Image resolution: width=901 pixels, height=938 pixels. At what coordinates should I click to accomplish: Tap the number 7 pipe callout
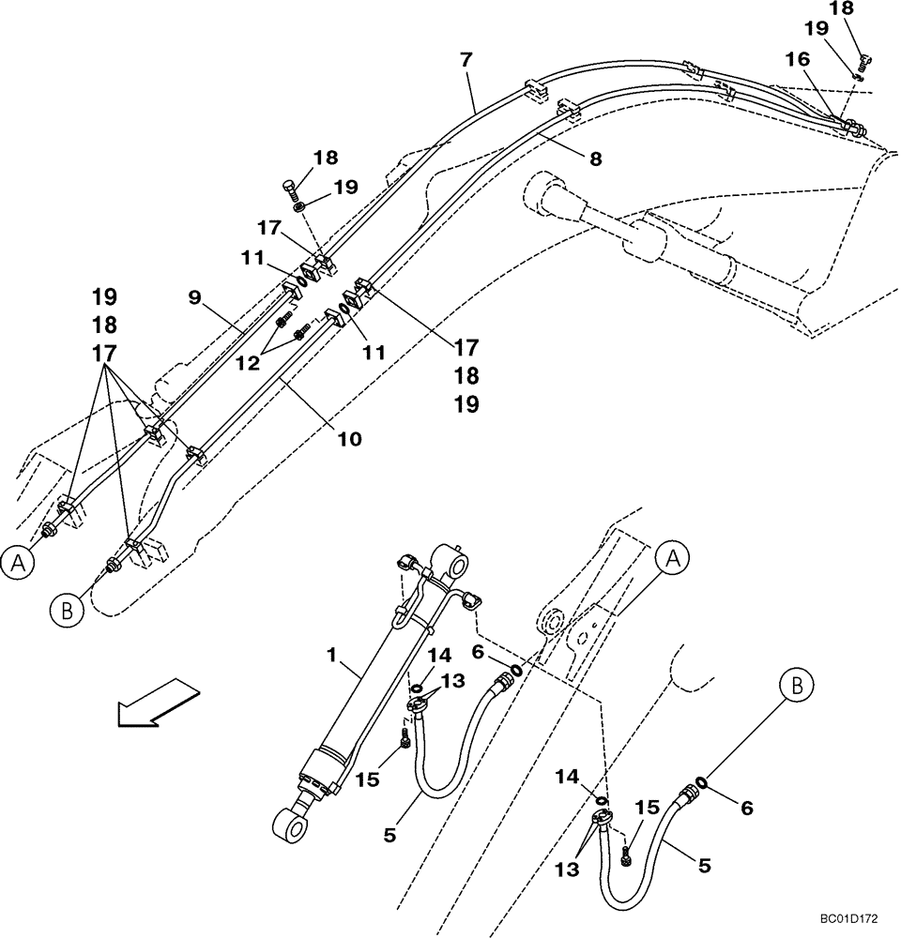pyautogui.click(x=466, y=61)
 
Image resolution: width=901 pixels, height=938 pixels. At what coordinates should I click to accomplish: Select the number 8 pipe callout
pyautogui.click(x=595, y=159)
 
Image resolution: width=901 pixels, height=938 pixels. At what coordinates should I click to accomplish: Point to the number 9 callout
pyautogui.click(x=195, y=297)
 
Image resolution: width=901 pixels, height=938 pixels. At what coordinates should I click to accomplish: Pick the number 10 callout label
pyautogui.click(x=348, y=438)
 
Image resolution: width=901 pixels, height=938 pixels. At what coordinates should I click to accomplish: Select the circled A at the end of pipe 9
pyautogui.click(x=16, y=563)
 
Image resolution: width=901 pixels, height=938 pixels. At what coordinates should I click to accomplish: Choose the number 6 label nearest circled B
pyautogui.click(x=747, y=807)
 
